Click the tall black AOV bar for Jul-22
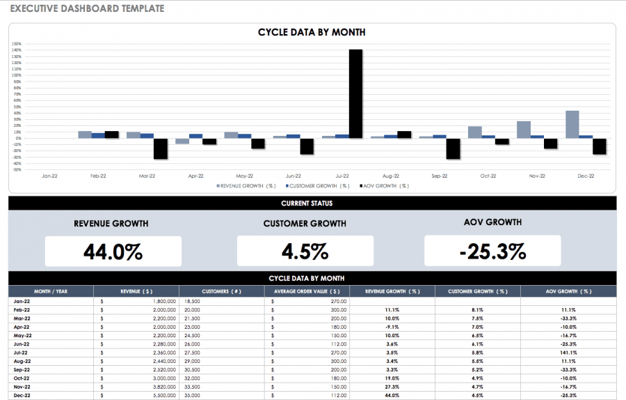[x=355, y=93]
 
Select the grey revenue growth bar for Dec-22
[x=572, y=124]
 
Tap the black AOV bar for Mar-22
[x=161, y=148]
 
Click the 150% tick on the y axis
[x=17, y=44]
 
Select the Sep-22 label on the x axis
[x=440, y=176]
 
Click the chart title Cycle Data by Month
[x=312, y=32]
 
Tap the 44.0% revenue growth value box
[x=113, y=251]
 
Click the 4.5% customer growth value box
[x=305, y=251]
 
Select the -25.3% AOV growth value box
[x=492, y=251]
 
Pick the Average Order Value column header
[x=307, y=291]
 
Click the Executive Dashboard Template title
[x=87, y=9]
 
